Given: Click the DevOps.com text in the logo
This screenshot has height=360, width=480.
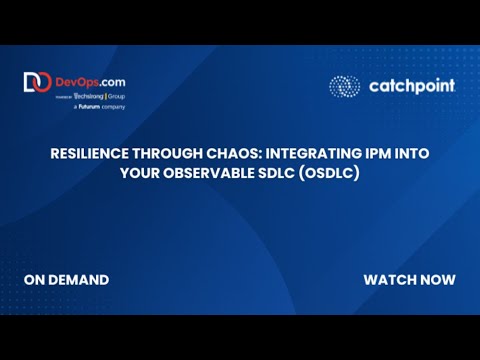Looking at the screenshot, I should coord(91,80).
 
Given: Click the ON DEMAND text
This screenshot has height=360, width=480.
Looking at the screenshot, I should coord(66,279).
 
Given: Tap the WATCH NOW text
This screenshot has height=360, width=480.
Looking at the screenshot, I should coord(409,279).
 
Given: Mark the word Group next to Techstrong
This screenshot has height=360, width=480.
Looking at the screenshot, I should coord(115,95).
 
